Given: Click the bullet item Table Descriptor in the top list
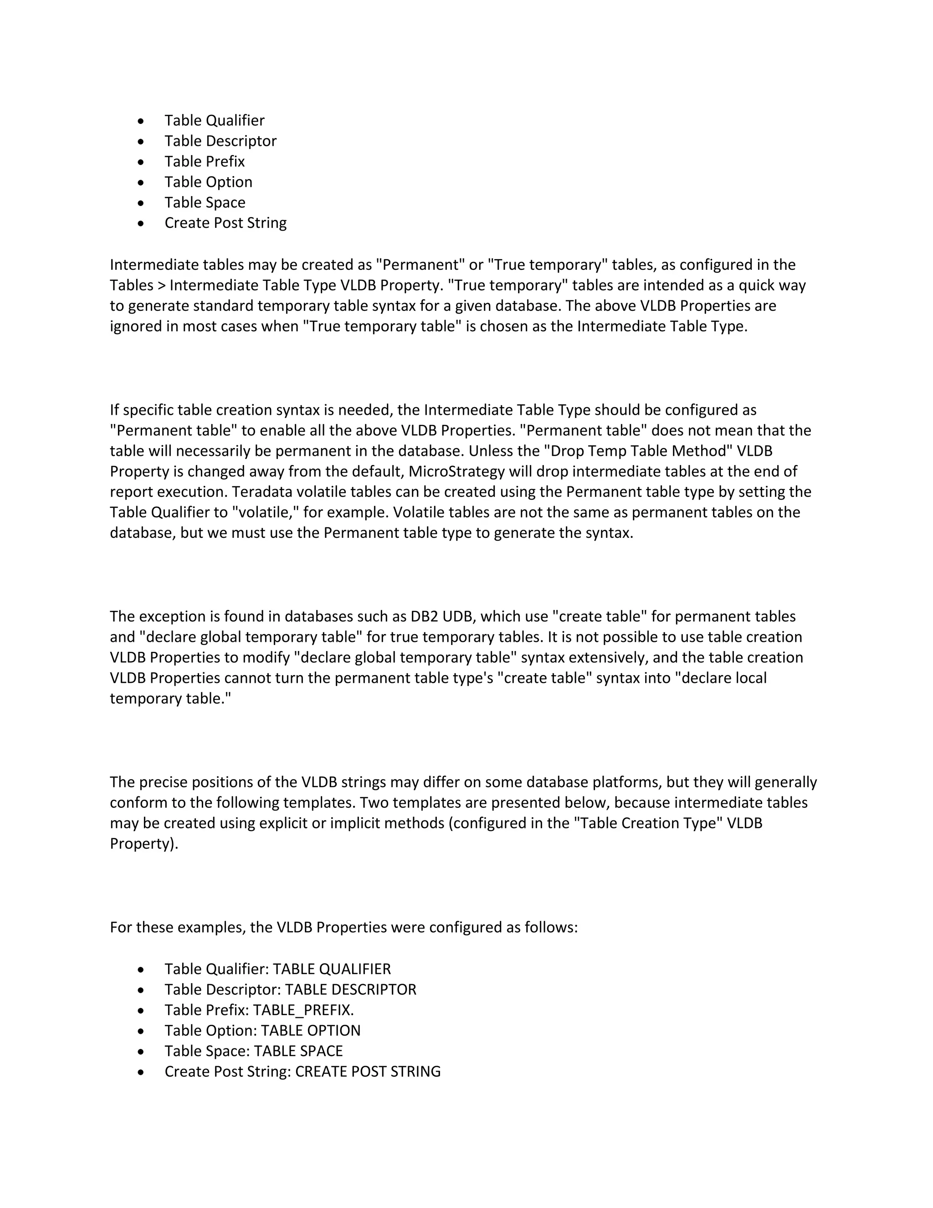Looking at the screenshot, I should tap(220, 141).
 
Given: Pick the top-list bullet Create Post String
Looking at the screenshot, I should tap(226, 223).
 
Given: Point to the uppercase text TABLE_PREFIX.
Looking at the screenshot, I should tap(303, 1011).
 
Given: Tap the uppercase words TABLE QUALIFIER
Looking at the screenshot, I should tap(332, 970).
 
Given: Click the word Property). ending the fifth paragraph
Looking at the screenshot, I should tap(144, 844).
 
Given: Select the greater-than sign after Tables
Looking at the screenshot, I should tap(160, 286).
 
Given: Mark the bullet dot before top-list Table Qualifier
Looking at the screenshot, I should tap(142, 121).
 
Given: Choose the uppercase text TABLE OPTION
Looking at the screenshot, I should tap(310, 1031).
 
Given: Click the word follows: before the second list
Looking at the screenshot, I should tap(550, 928).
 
